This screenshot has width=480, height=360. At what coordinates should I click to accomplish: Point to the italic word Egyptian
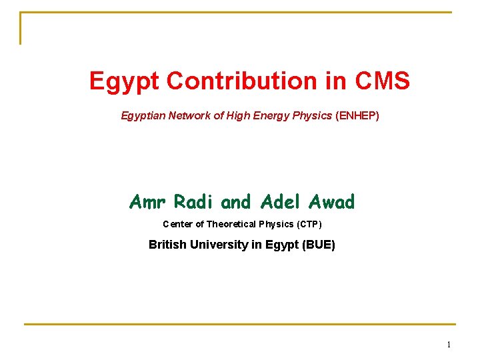[143, 116]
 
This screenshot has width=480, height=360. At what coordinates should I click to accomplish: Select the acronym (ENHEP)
[357, 116]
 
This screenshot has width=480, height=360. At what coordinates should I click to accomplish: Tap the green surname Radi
[194, 201]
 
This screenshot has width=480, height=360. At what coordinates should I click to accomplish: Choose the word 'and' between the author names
[235, 201]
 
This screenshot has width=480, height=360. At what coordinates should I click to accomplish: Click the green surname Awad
[331, 201]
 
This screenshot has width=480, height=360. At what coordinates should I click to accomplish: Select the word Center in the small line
[177, 224]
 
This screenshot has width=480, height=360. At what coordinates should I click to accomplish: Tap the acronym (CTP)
[308, 224]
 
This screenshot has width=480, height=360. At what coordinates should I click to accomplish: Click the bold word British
[167, 245]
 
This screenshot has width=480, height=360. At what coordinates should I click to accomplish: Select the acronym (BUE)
[319, 245]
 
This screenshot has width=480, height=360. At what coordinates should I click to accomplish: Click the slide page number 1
[449, 345]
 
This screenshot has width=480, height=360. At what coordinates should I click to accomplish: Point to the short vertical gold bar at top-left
[21, 28]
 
